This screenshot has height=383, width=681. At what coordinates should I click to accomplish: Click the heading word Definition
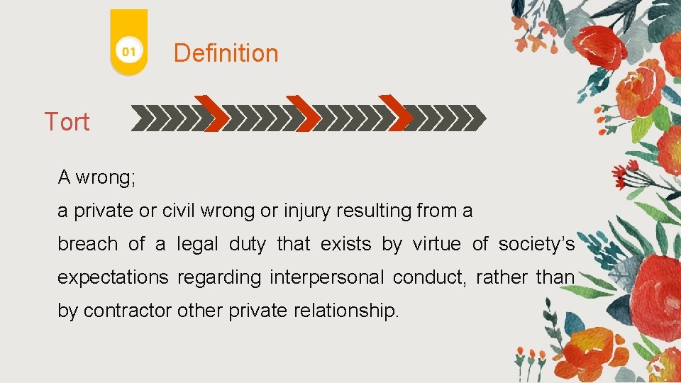pyautogui.click(x=226, y=53)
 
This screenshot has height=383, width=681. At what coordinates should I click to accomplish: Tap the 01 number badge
pyautogui.click(x=128, y=52)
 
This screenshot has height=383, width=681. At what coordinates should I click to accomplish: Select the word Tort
pyautogui.click(x=67, y=122)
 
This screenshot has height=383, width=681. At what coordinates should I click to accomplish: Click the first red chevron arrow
pyautogui.click(x=212, y=113)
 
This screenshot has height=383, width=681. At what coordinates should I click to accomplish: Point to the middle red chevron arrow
pyautogui.click(x=304, y=113)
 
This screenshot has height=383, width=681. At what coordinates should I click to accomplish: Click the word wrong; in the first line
pyautogui.click(x=106, y=177)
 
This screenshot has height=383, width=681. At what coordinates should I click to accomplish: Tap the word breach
pyautogui.click(x=87, y=245)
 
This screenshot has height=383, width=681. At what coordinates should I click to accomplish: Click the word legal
pyautogui.click(x=198, y=245)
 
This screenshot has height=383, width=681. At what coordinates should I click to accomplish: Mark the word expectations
pyautogui.click(x=113, y=278)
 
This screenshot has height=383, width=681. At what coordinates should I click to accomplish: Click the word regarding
pyautogui.click(x=219, y=278)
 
